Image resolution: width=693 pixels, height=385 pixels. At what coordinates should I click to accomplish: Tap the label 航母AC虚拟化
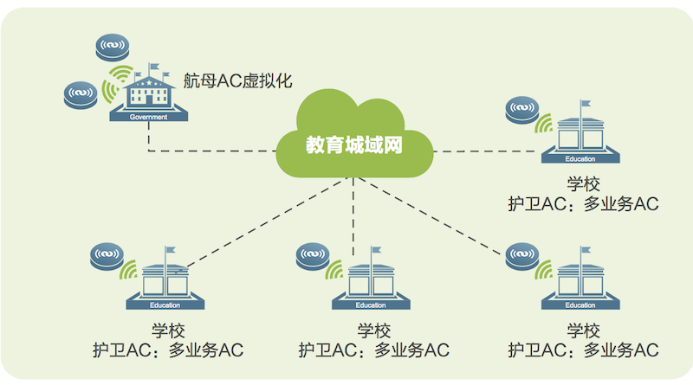[x=238, y=82]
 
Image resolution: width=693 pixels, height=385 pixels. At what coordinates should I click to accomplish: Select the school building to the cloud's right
[x=580, y=138]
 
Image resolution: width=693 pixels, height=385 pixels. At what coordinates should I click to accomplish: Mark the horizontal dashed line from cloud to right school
[x=485, y=151]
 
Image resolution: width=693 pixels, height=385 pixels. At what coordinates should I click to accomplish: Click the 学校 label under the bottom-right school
[x=582, y=330]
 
